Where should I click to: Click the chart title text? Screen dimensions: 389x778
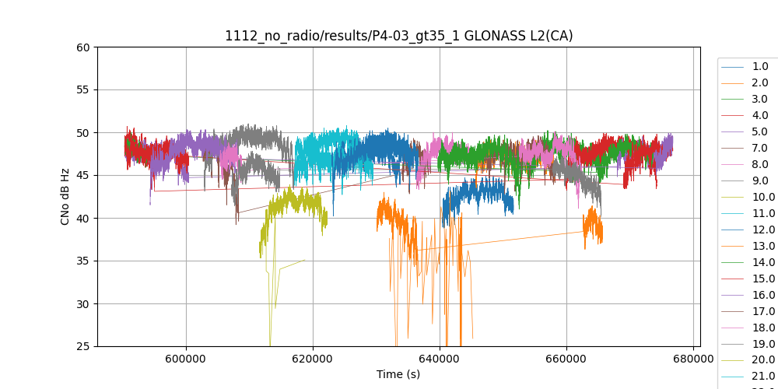398,36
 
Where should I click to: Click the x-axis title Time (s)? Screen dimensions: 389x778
398,375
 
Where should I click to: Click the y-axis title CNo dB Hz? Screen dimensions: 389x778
65,197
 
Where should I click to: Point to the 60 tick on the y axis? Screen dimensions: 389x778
82,47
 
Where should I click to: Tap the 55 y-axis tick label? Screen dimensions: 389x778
82,89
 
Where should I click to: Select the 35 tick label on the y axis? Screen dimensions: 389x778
82,261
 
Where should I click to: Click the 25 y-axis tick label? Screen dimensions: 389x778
82,346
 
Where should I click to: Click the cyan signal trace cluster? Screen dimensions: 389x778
327,148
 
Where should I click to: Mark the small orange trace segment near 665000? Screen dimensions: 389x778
594,226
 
